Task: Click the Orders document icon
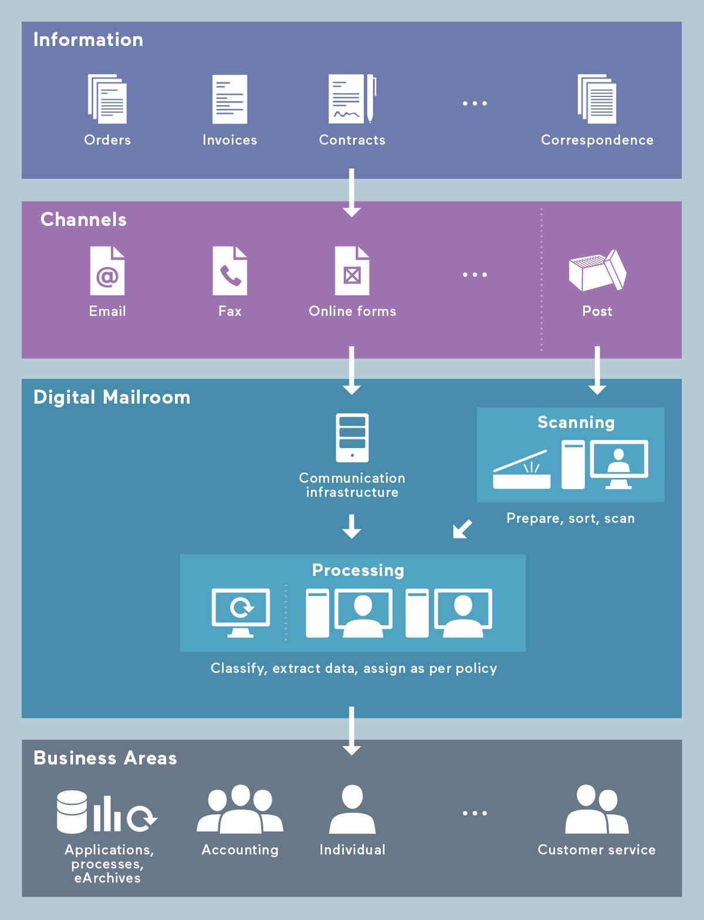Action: (x=107, y=99)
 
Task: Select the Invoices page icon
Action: (x=229, y=99)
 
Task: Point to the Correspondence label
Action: (x=597, y=140)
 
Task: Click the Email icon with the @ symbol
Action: (x=107, y=271)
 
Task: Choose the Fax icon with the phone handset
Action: (x=229, y=271)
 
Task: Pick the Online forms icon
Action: (x=352, y=271)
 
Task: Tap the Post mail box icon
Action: (x=597, y=271)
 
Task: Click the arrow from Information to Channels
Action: (x=351, y=193)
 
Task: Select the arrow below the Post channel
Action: (x=597, y=370)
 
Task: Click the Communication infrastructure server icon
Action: (x=352, y=437)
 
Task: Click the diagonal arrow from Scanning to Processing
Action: (x=462, y=528)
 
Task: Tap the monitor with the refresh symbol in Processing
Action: (x=241, y=612)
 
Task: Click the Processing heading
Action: (x=358, y=570)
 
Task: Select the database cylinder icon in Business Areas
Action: (x=72, y=811)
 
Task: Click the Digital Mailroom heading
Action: (x=111, y=397)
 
